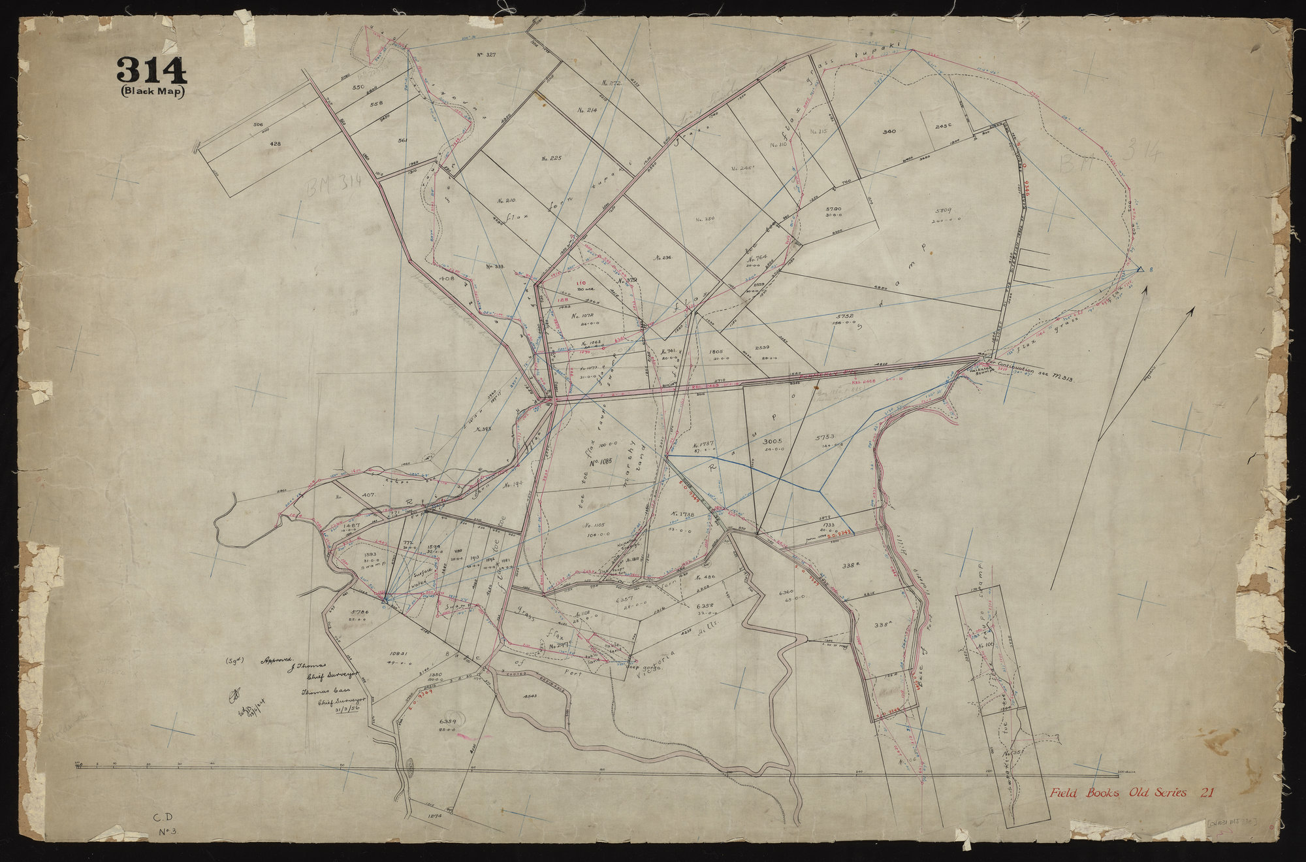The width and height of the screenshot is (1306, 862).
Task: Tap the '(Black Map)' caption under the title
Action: click(152, 91)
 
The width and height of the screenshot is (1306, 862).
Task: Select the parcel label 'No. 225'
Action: click(552, 157)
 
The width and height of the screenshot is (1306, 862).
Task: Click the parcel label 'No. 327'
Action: click(486, 55)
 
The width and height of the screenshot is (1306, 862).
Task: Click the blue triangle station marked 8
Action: click(1139, 269)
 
